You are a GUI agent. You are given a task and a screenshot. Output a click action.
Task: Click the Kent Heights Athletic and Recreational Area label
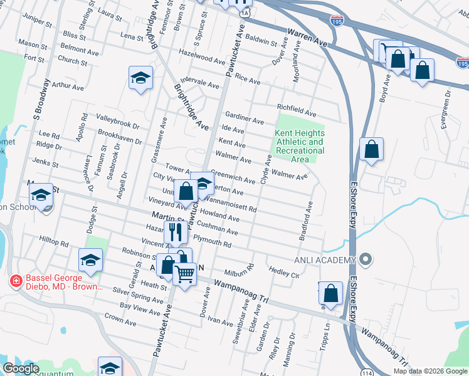click(300, 146)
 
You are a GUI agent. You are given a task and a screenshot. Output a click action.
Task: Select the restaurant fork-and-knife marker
click(176, 233)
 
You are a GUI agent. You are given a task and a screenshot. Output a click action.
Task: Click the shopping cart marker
click(184, 273)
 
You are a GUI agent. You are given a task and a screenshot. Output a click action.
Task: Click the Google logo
click(21, 368)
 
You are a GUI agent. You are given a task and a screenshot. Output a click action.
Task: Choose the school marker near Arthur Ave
click(141, 78)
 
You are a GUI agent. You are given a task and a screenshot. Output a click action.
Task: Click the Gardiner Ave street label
click(245, 118)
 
